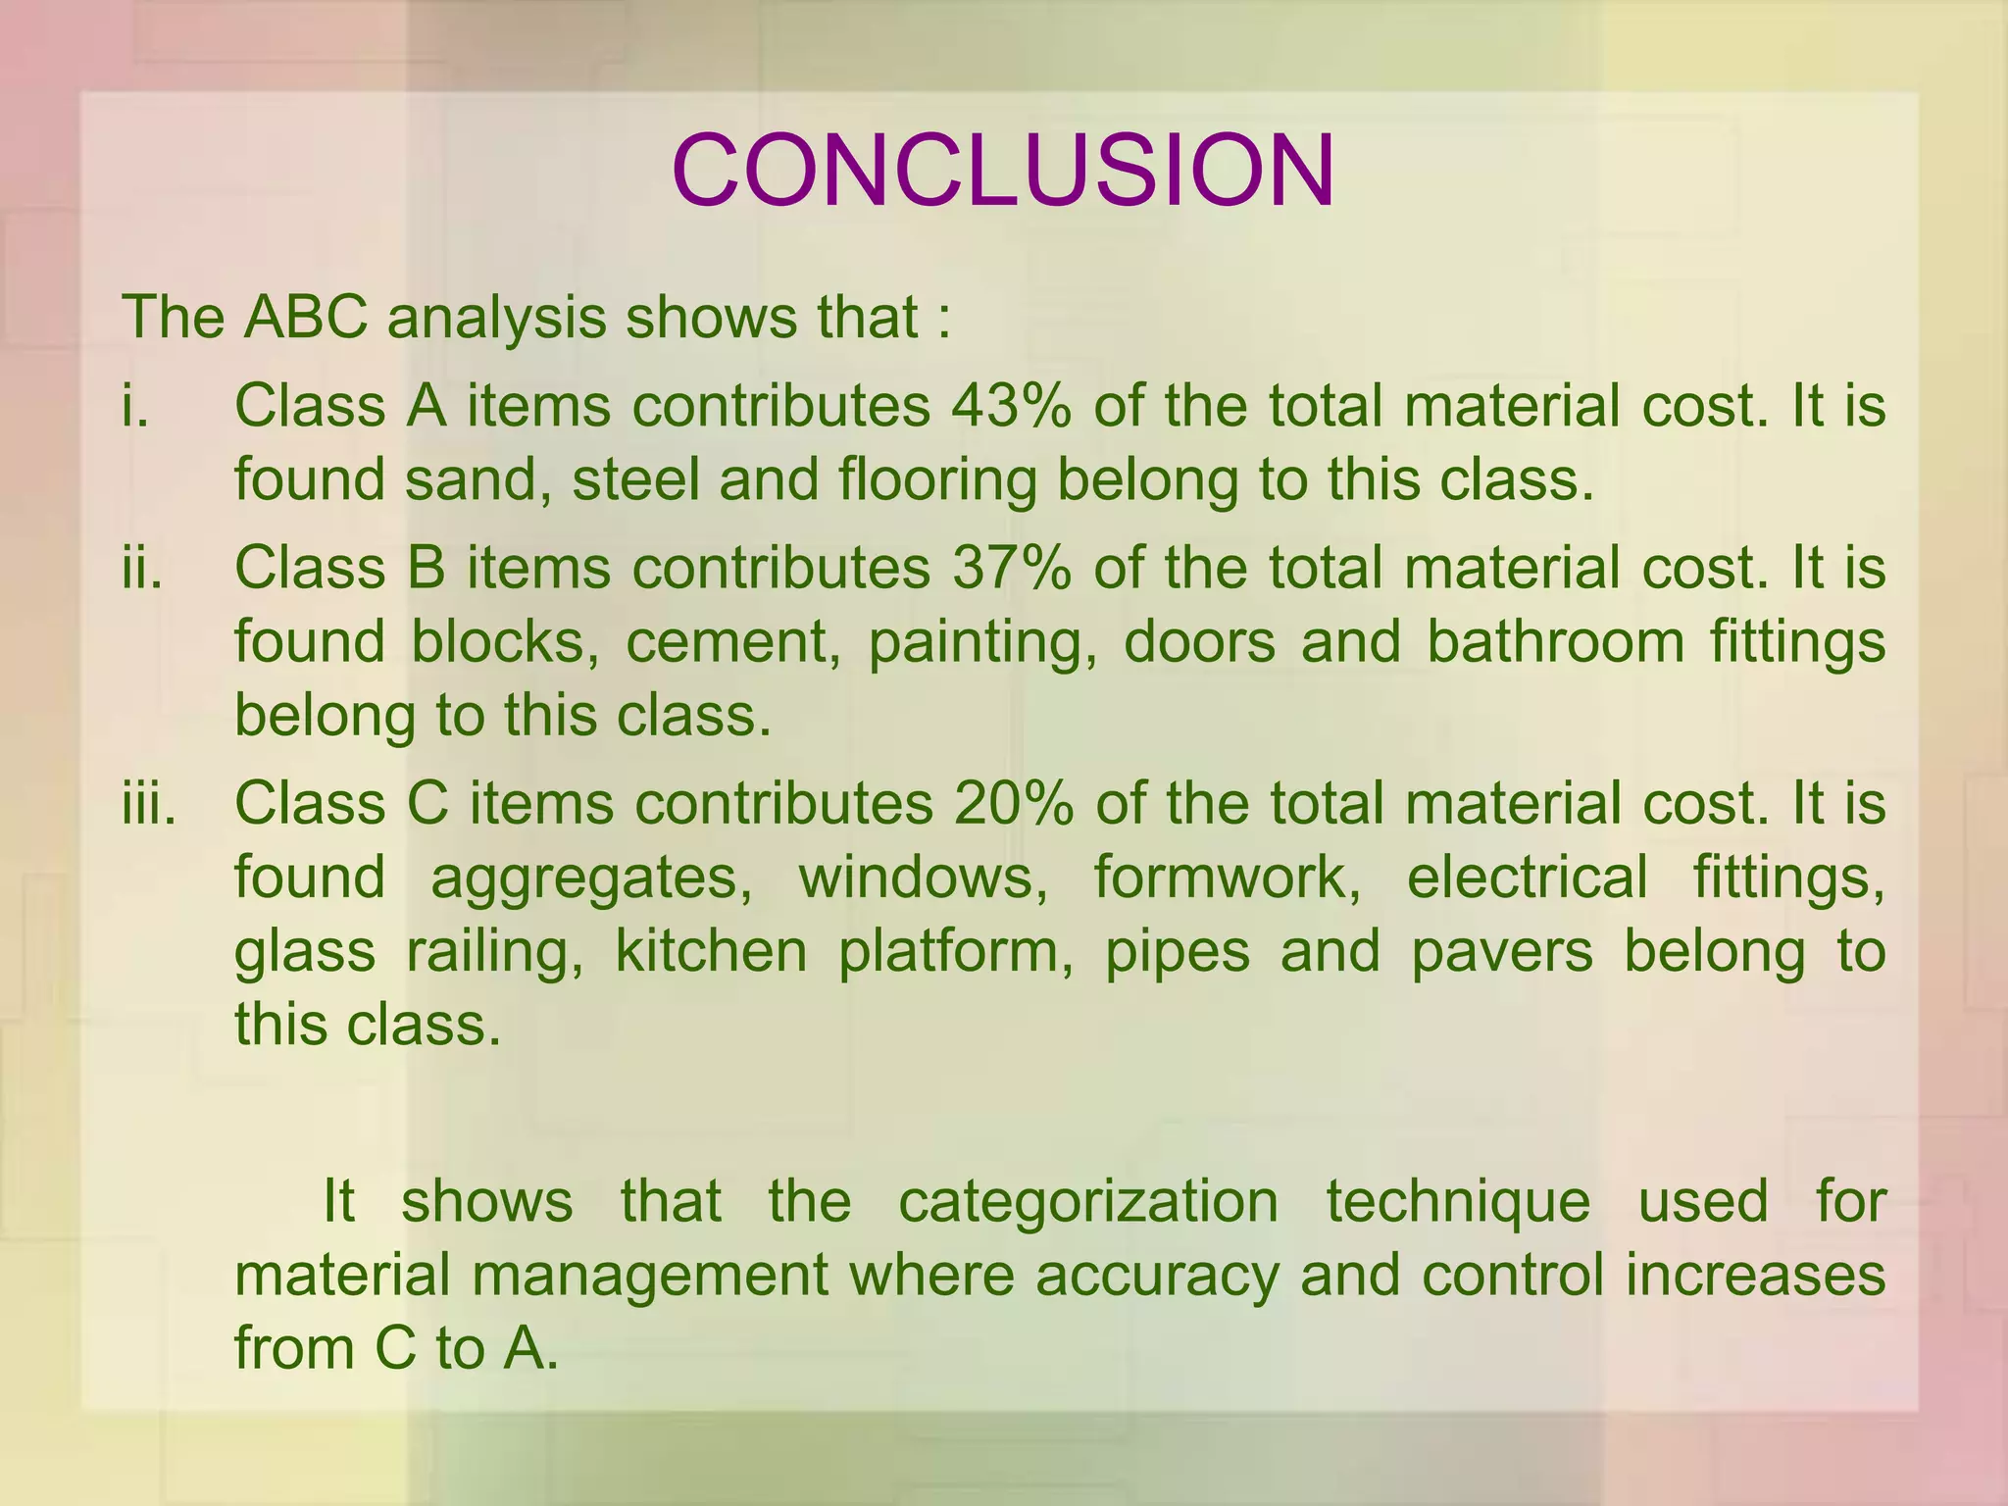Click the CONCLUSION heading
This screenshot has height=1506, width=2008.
click(x=1003, y=171)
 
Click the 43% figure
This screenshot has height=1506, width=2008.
click(x=1011, y=406)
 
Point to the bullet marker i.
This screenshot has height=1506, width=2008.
click(x=135, y=406)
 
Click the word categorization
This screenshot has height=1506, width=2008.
click(x=1088, y=1202)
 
